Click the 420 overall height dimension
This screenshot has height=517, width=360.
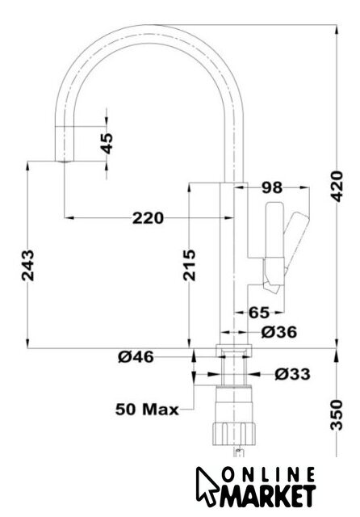337,187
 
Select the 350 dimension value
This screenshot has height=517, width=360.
337,414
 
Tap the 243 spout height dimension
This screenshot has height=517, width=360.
27,266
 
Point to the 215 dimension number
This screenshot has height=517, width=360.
189,266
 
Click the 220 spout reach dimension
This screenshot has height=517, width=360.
148,218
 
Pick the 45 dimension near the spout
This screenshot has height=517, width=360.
107,144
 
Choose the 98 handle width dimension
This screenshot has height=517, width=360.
272,188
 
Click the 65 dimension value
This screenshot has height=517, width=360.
259,313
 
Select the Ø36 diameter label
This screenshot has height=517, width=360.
279,332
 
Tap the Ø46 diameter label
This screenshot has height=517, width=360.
136,356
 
